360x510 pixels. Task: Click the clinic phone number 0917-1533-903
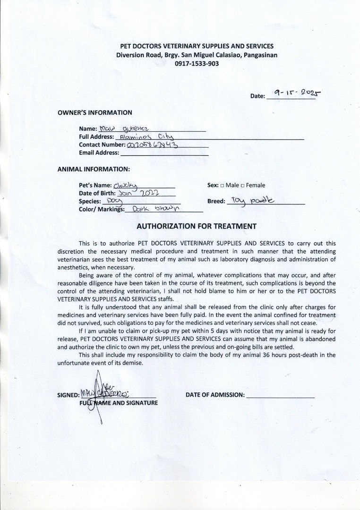pos(197,64)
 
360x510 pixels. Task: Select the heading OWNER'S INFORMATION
pos(94,112)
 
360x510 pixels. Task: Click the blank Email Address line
pos(164,153)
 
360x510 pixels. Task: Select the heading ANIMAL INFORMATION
pos(94,169)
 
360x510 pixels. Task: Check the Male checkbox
pos(223,186)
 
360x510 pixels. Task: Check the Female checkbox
pos(242,186)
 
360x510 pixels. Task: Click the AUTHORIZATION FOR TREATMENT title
pos(197,226)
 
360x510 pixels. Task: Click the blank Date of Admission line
pos(280,395)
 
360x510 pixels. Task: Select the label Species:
pos(90,201)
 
